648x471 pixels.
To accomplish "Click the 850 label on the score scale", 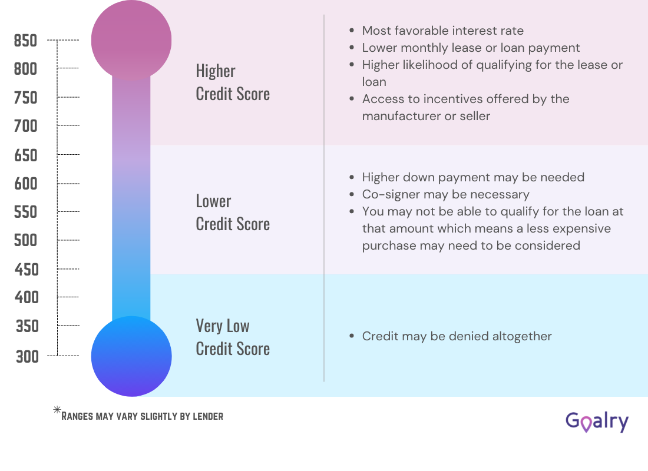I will coord(25,41).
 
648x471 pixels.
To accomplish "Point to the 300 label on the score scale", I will coord(27,356).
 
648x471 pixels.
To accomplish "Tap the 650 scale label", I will coord(25,155).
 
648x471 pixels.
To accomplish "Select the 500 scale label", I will coord(26,240).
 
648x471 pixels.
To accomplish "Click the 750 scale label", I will coord(25,98).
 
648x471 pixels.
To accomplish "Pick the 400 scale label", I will coord(27,297).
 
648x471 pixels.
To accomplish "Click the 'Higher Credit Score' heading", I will coord(233,82).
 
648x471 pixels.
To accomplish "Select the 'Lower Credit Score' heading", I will coord(233,213).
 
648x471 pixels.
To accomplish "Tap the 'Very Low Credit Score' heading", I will coord(233,337).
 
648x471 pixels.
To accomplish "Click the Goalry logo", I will coord(597,422).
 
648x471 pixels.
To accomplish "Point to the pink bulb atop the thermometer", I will coord(131,40).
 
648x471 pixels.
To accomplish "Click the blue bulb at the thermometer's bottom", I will coord(131,356).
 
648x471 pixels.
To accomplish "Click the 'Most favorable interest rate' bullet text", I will coord(442,31).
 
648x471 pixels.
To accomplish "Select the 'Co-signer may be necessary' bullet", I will coord(445,194).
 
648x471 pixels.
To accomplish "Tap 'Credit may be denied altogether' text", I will coord(457,336).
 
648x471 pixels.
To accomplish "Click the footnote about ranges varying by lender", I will coord(143,416).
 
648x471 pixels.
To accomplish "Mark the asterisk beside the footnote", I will coord(57,410).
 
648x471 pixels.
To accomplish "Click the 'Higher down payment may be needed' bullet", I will coord(473,177).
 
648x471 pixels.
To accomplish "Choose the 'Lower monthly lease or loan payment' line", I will coord(471,48).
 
